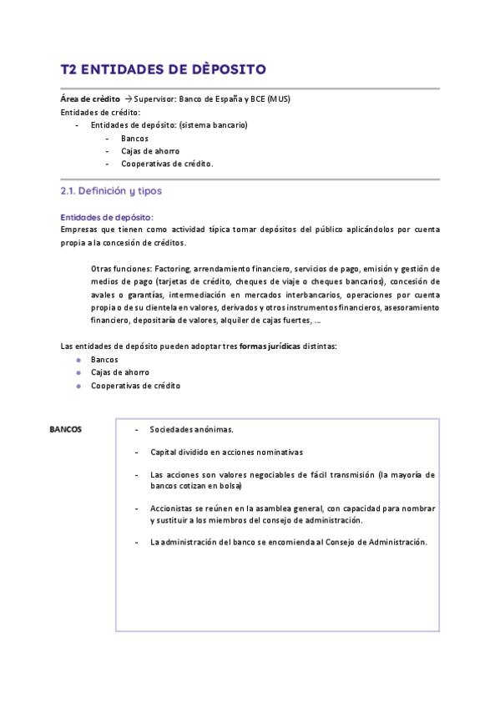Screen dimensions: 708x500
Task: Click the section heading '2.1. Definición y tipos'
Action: coord(111,191)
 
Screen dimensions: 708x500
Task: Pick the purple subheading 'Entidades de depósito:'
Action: coord(107,217)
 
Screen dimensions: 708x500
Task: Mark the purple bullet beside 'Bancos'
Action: coord(78,359)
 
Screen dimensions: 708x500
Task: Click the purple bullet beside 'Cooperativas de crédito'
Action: coord(78,386)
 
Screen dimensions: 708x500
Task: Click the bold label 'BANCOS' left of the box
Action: coord(65,429)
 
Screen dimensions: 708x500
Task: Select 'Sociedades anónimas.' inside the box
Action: coord(191,429)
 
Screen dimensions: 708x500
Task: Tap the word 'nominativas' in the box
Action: coord(276,452)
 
